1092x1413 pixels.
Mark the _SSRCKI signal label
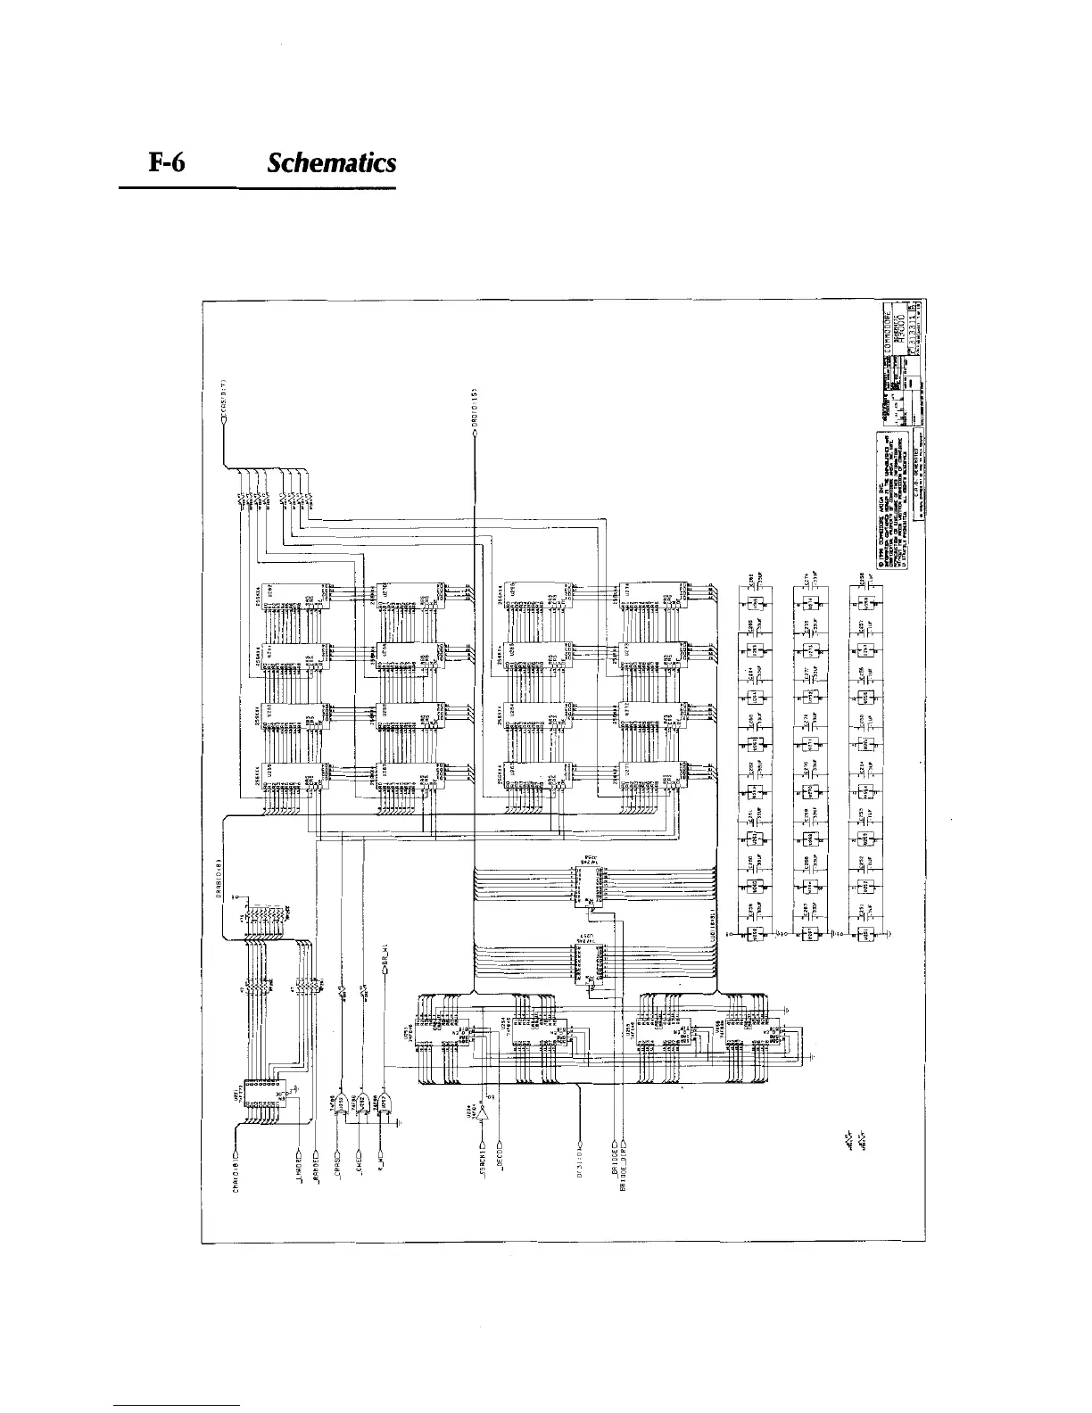[483, 1161]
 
